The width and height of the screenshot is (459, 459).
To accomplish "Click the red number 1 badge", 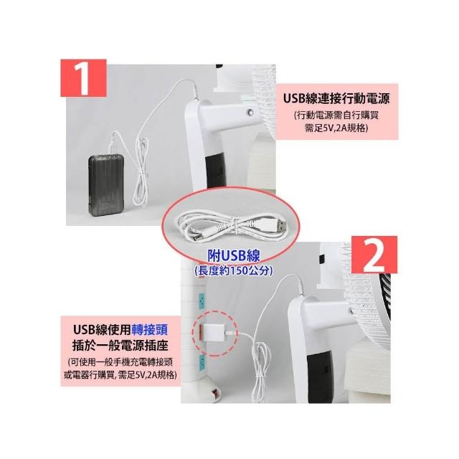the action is coord(83,78).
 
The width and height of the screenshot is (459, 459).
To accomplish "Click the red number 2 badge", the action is coord(374,255).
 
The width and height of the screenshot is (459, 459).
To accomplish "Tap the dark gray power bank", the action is coord(106,186).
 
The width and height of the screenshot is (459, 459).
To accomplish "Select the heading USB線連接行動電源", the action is coord(336,99).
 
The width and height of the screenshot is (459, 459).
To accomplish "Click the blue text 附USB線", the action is coord(234,256).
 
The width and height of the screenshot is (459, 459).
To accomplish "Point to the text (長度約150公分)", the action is coord(234,271).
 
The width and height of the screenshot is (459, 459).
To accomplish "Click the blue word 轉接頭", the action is coord(150,330).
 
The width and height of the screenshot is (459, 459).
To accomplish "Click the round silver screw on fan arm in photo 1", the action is coord(250,112).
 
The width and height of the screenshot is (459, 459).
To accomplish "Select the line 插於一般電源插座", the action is coord(120,346).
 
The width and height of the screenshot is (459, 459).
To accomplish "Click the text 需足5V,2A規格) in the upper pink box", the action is coord(336,128).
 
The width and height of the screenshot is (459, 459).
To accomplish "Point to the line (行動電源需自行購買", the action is coord(336,115).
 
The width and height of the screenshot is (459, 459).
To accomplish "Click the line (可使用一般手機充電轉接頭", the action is coord(120,362).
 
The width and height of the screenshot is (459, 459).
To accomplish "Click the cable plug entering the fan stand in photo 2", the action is coord(300,288).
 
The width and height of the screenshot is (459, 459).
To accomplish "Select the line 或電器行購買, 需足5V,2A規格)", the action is coord(120,375).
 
